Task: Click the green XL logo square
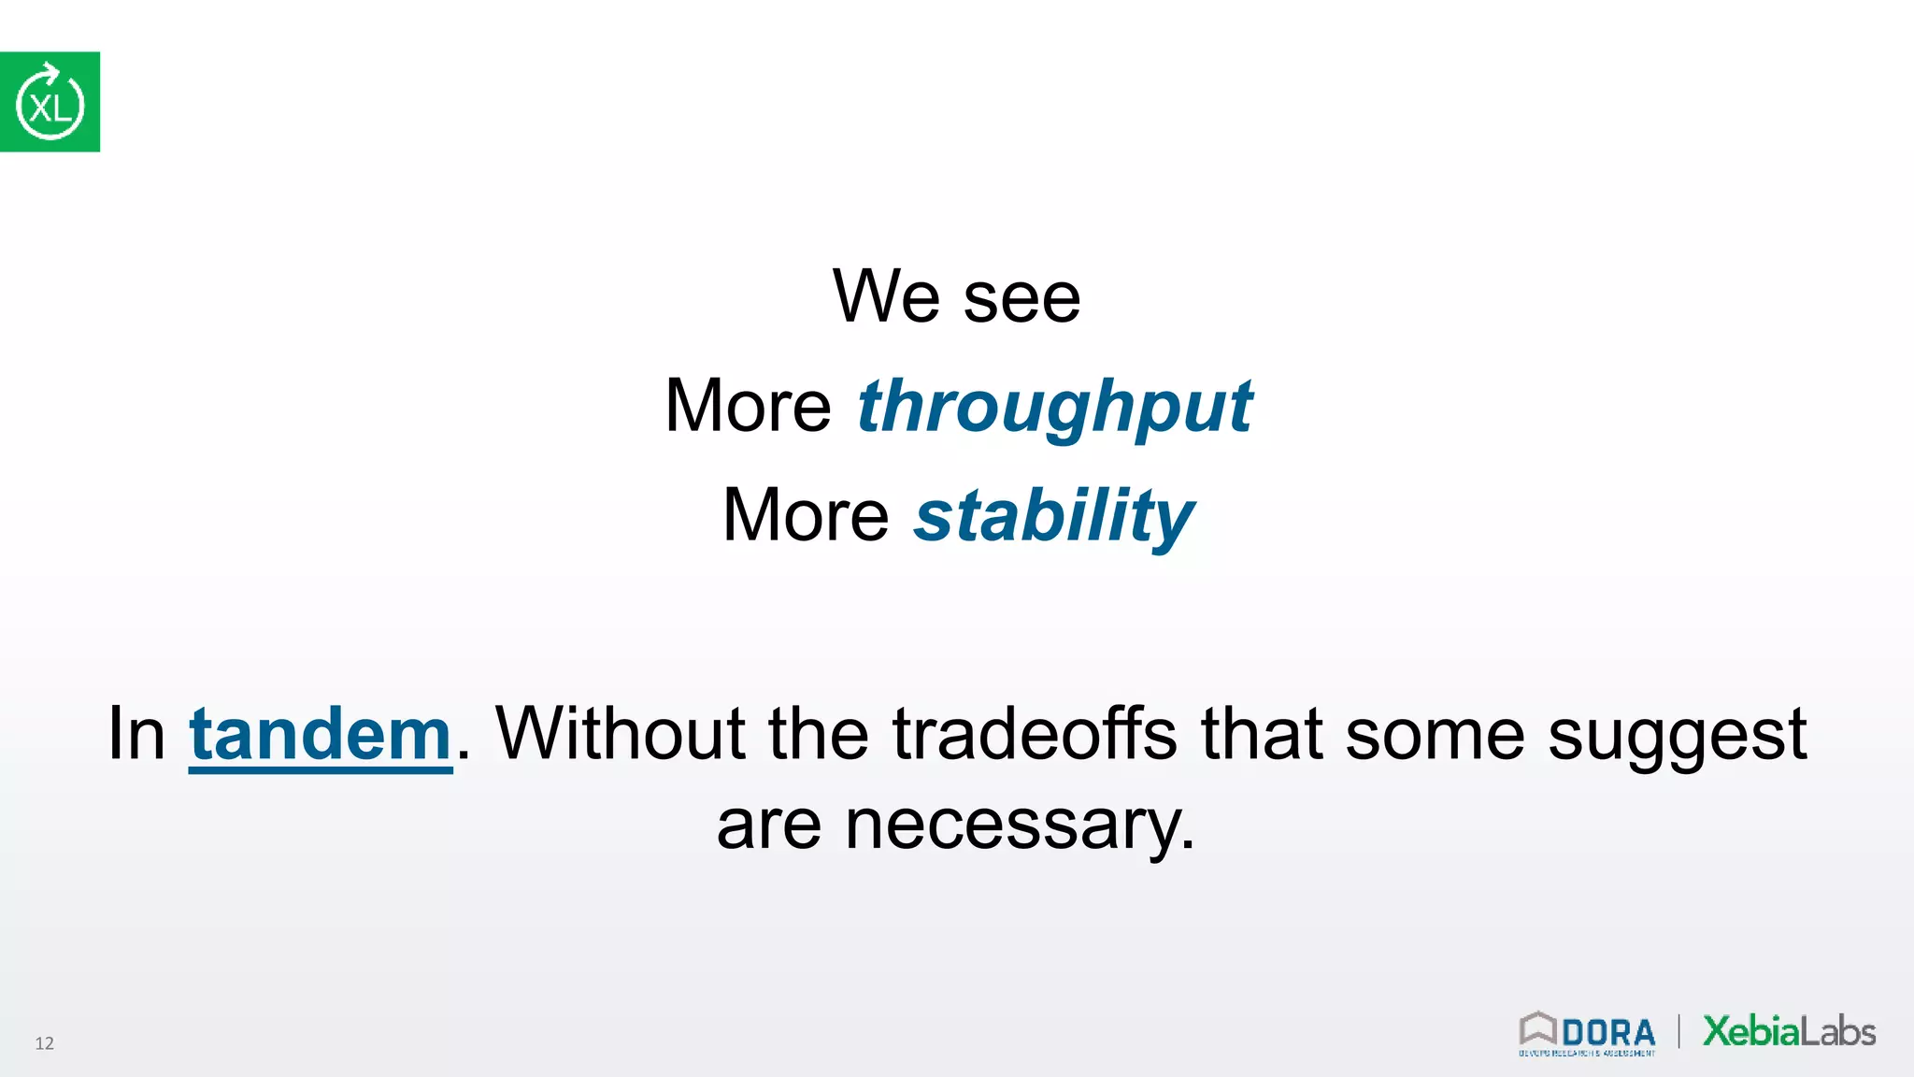[50, 102]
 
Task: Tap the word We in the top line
[885, 297]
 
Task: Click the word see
[1021, 299]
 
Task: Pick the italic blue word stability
[1053, 517]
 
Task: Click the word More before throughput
[748, 407]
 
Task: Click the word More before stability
[806, 516]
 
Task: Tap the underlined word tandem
[321, 735]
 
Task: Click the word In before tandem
[136, 734]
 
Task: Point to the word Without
[619, 734]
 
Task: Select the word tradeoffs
[1035, 734]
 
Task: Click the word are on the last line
[768, 826]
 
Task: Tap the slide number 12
[44, 1043]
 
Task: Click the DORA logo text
[1607, 1033]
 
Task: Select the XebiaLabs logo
[1789, 1031]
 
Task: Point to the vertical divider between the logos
[1678, 1031]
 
